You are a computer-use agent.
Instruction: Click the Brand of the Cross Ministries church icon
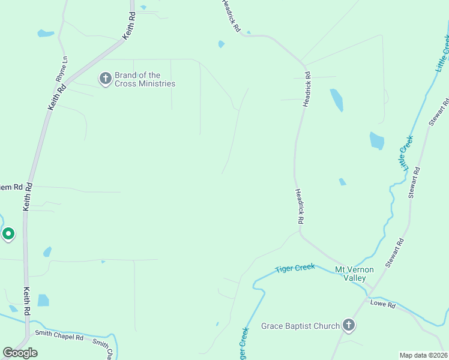click(105, 78)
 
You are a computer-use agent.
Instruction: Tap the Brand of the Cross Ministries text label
click(145, 80)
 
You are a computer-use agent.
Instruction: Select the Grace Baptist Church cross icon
click(349, 326)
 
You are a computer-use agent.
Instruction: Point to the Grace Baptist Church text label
click(300, 326)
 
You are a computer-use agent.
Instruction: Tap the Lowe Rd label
click(383, 305)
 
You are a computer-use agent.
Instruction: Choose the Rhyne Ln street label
click(61, 69)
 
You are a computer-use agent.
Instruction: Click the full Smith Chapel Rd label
click(59, 334)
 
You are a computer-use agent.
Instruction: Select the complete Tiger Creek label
click(295, 268)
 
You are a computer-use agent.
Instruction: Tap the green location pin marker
click(8, 233)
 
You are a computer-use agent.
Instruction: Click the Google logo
click(20, 353)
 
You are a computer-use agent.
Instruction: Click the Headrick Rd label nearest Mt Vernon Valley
click(298, 207)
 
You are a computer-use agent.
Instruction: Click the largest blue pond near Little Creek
click(377, 141)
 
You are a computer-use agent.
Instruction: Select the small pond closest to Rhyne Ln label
click(46, 33)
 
